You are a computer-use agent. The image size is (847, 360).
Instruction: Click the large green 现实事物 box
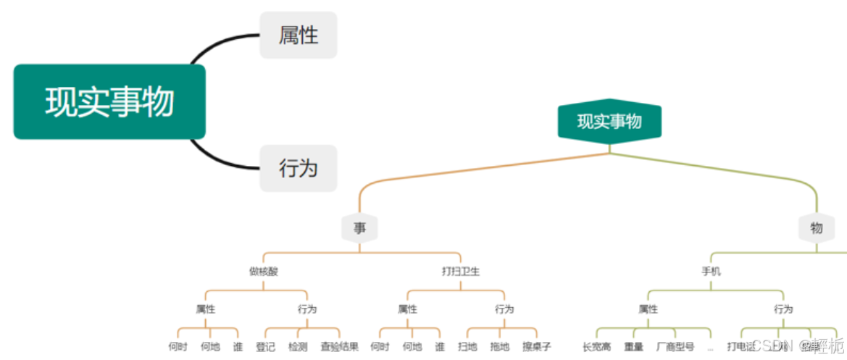(x=109, y=101)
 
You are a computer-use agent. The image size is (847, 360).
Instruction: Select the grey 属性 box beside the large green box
(x=299, y=35)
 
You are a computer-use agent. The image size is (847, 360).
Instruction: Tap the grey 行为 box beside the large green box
(x=299, y=168)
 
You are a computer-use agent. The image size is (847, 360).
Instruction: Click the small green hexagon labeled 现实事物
(x=609, y=121)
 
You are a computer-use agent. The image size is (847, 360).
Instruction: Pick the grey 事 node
(x=360, y=228)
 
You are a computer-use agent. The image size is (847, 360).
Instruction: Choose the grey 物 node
(x=817, y=228)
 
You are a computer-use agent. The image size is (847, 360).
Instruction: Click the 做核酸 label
(x=264, y=272)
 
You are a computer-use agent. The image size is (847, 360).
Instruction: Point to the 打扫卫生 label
(x=461, y=272)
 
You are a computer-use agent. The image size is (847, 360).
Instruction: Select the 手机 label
(x=711, y=272)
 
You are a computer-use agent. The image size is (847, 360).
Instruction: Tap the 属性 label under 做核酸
(x=206, y=309)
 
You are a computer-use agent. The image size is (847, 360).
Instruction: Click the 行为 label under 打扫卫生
(x=504, y=309)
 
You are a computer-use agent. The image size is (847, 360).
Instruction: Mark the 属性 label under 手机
(x=648, y=309)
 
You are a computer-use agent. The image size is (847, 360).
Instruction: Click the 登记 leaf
(x=266, y=346)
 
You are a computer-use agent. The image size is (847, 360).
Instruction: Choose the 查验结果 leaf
(x=339, y=346)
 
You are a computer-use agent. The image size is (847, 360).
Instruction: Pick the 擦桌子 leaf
(x=537, y=346)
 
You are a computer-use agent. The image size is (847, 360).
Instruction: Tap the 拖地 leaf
(x=500, y=346)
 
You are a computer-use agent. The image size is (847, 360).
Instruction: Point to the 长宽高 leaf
(x=596, y=346)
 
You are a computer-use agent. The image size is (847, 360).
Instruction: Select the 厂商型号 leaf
(x=675, y=346)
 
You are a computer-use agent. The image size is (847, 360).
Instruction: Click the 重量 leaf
(x=634, y=346)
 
